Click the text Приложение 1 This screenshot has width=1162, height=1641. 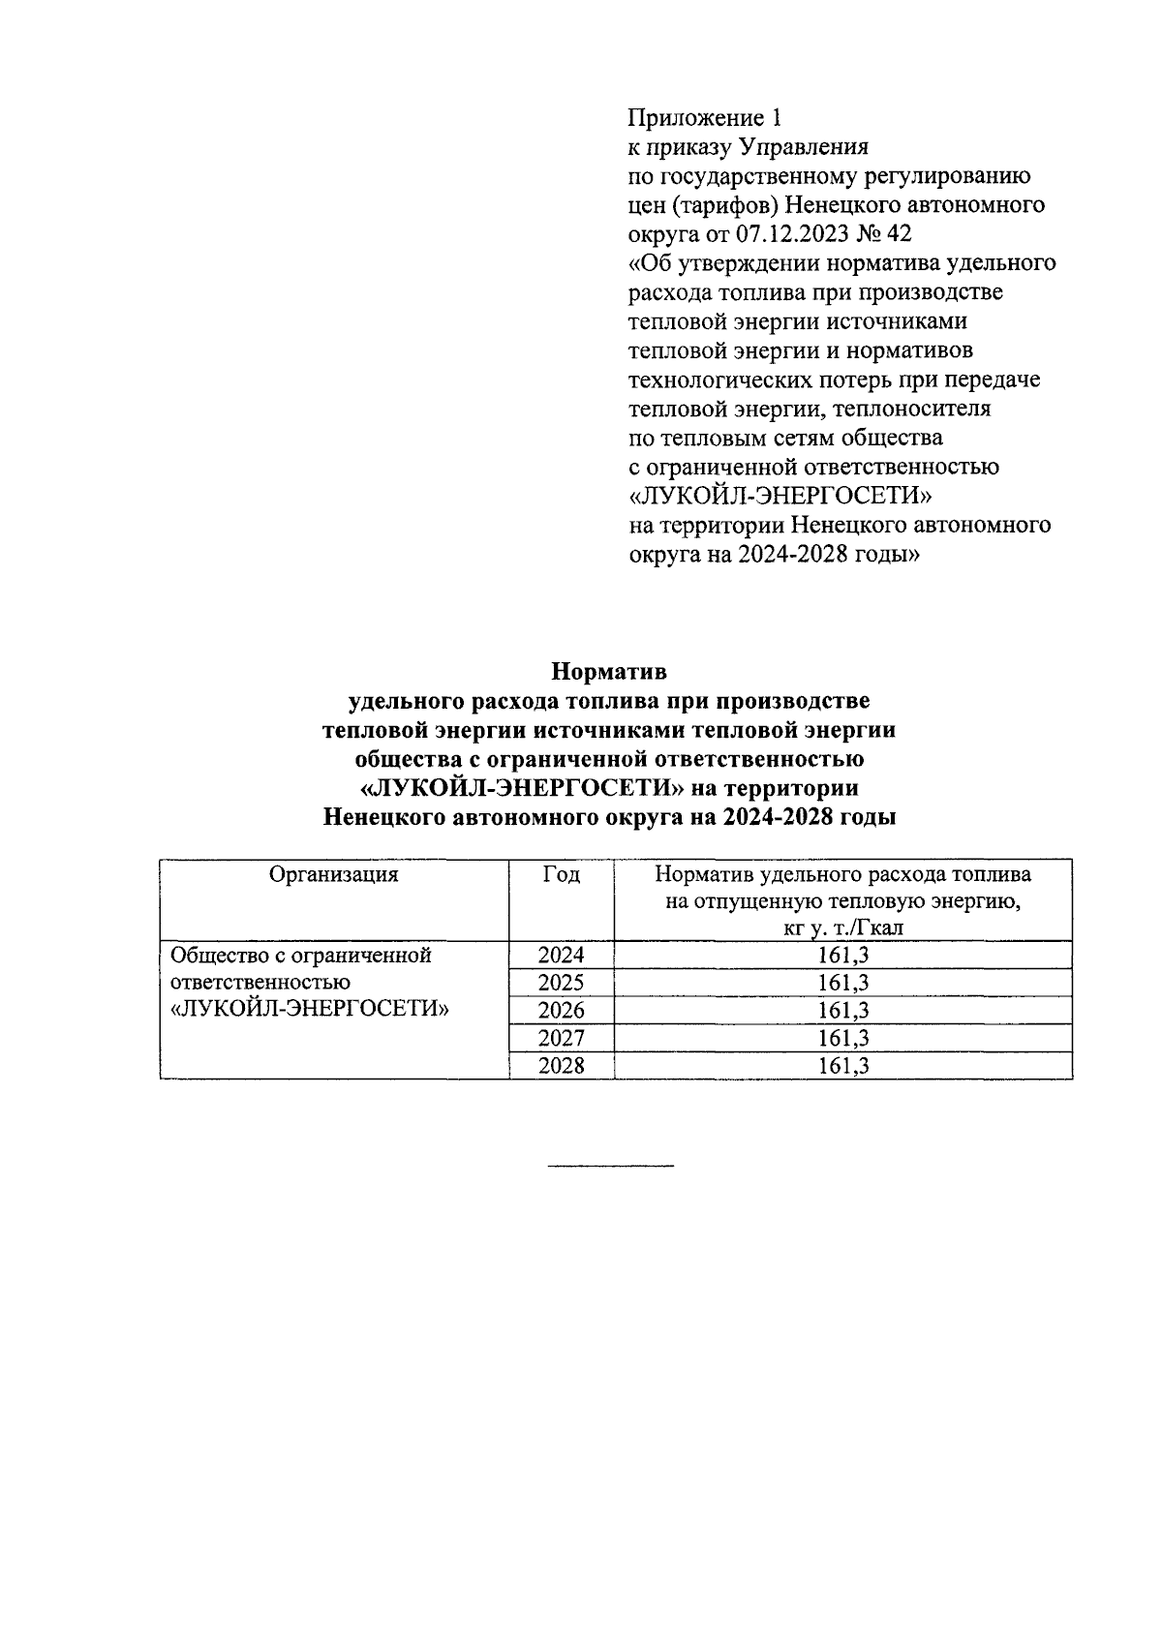click(704, 118)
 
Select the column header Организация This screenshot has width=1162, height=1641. click(334, 874)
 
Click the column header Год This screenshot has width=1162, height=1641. click(562, 874)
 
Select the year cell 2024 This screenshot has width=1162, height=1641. click(562, 956)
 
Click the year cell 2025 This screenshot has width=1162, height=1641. click(562, 984)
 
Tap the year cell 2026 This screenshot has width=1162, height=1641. click(562, 1011)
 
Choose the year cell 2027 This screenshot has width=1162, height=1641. click(562, 1039)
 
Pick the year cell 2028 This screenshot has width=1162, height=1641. click(562, 1066)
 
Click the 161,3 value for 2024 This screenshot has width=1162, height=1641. click(842, 956)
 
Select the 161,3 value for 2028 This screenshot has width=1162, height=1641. click(842, 1066)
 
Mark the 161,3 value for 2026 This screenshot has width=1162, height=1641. click(842, 1011)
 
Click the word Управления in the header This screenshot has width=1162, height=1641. click(804, 147)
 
